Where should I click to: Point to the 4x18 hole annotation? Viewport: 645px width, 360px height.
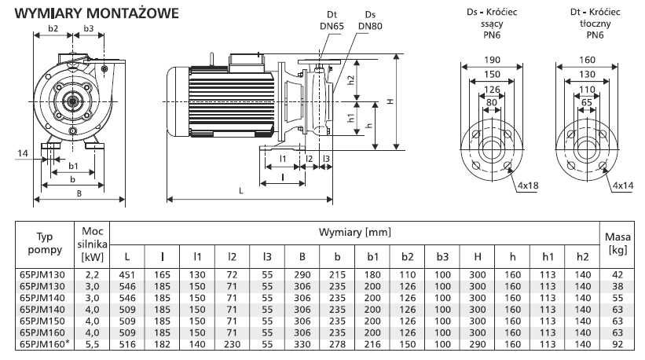(x=529, y=186)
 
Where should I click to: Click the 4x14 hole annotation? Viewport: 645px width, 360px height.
(x=623, y=186)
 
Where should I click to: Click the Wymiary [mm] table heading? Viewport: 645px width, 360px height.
(x=355, y=233)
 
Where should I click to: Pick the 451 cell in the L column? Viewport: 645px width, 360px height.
(x=126, y=274)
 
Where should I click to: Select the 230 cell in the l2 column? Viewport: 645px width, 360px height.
(x=230, y=344)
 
